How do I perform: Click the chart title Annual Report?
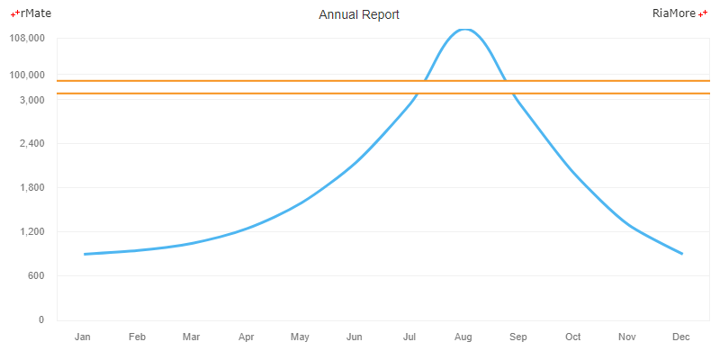click(359, 15)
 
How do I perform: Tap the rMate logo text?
click(33, 13)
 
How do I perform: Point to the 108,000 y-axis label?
click(26, 39)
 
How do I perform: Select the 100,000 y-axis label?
click(26, 75)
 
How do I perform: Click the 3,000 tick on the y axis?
click(31, 100)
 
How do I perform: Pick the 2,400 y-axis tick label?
click(31, 144)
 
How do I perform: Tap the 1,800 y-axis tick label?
click(31, 188)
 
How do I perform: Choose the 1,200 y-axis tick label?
click(31, 232)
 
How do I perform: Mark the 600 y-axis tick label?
click(35, 276)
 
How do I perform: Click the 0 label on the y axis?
click(40, 320)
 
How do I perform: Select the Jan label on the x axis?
click(83, 337)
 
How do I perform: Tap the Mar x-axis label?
click(191, 337)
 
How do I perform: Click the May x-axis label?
click(300, 337)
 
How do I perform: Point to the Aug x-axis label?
click(463, 337)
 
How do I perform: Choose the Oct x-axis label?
click(572, 337)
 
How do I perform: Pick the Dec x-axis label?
click(681, 337)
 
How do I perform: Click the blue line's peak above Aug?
click(463, 29)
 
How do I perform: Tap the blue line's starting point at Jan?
click(85, 254)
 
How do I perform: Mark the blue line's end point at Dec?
click(682, 254)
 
